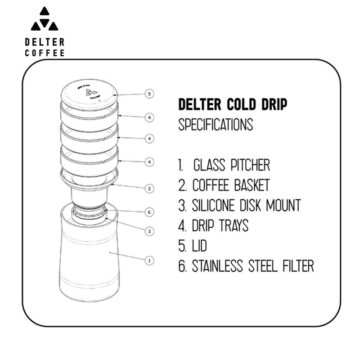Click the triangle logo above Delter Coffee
(x=44, y=20)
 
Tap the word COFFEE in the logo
(x=45, y=53)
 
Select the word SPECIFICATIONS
(x=216, y=124)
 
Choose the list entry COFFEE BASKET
(x=231, y=185)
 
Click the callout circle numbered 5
(x=150, y=94)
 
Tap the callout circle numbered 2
(x=150, y=189)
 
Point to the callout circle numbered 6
(x=150, y=211)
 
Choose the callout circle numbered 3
(x=150, y=231)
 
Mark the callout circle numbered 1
(x=150, y=260)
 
